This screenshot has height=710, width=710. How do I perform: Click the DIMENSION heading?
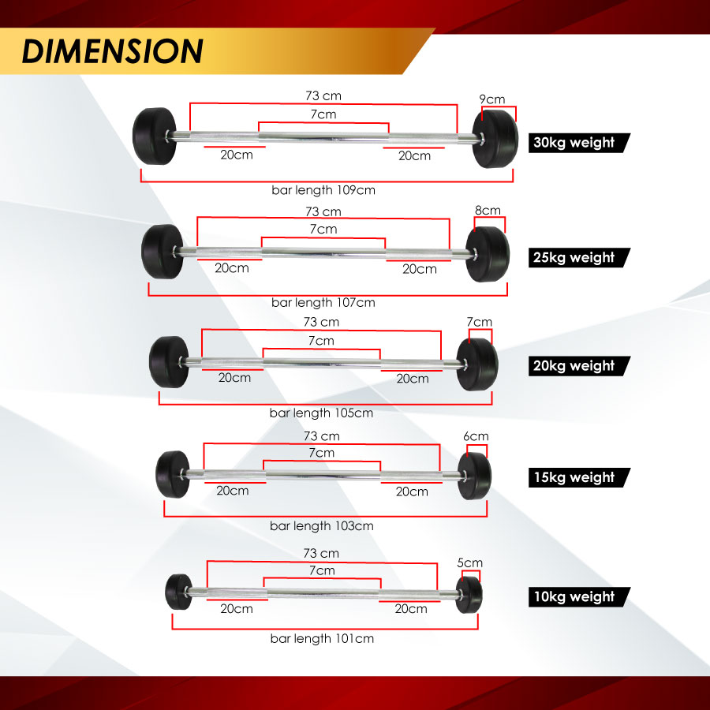(x=113, y=50)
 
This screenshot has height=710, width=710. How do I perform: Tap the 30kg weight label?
(x=574, y=143)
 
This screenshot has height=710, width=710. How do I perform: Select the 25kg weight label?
(x=574, y=257)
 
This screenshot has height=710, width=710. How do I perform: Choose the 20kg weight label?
(x=574, y=366)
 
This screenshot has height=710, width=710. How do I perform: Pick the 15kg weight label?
(x=574, y=477)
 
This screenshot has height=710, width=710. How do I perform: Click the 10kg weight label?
(x=574, y=597)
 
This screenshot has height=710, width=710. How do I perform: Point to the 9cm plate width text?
(x=492, y=99)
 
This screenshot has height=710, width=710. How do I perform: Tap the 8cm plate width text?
(x=488, y=211)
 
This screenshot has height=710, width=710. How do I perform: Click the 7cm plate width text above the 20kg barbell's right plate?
(x=480, y=322)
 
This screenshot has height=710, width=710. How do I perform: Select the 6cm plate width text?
(x=476, y=436)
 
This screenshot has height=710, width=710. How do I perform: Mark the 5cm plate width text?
(x=469, y=562)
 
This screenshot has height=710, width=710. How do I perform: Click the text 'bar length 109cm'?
(x=321, y=190)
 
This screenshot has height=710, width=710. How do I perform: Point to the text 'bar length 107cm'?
(x=323, y=302)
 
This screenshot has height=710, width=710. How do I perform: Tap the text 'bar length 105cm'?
(x=321, y=413)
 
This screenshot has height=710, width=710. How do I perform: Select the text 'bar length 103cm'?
(x=321, y=525)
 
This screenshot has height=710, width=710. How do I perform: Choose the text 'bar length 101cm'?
(x=321, y=638)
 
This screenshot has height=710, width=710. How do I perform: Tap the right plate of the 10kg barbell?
(x=470, y=592)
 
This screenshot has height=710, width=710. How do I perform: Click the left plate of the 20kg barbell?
(x=169, y=361)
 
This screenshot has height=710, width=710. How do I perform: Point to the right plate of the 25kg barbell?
(x=486, y=253)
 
